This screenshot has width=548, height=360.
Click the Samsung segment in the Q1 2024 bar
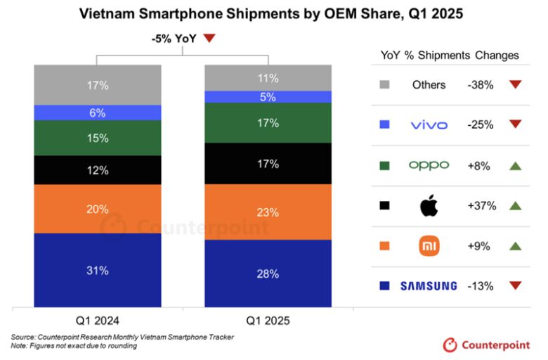[x=98, y=270]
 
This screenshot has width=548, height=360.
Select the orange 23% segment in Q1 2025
[x=268, y=212]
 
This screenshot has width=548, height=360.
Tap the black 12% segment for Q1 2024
[x=98, y=170]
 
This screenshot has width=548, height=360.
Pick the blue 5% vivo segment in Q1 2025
[x=268, y=97]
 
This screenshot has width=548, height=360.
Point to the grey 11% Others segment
[x=268, y=77]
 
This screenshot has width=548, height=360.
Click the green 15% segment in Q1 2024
[x=98, y=139]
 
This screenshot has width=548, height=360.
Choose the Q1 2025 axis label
[x=268, y=321]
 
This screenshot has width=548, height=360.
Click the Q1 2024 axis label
[x=98, y=321]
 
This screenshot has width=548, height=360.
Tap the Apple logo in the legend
[x=429, y=206]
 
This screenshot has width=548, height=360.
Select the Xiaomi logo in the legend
[x=429, y=246]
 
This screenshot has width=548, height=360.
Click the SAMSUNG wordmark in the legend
[x=429, y=285]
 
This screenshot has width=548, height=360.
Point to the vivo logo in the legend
[x=429, y=125]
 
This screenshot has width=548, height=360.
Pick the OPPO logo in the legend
[x=429, y=165]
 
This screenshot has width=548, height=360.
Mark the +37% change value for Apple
[x=482, y=206]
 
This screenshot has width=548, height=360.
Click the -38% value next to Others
[x=482, y=84]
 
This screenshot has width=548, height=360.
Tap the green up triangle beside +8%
[x=515, y=165]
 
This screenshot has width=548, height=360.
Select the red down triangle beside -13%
[x=515, y=285]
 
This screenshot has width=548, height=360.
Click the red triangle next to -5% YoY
[x=209, y=39]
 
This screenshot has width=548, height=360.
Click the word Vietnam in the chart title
[x=107, y=13]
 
